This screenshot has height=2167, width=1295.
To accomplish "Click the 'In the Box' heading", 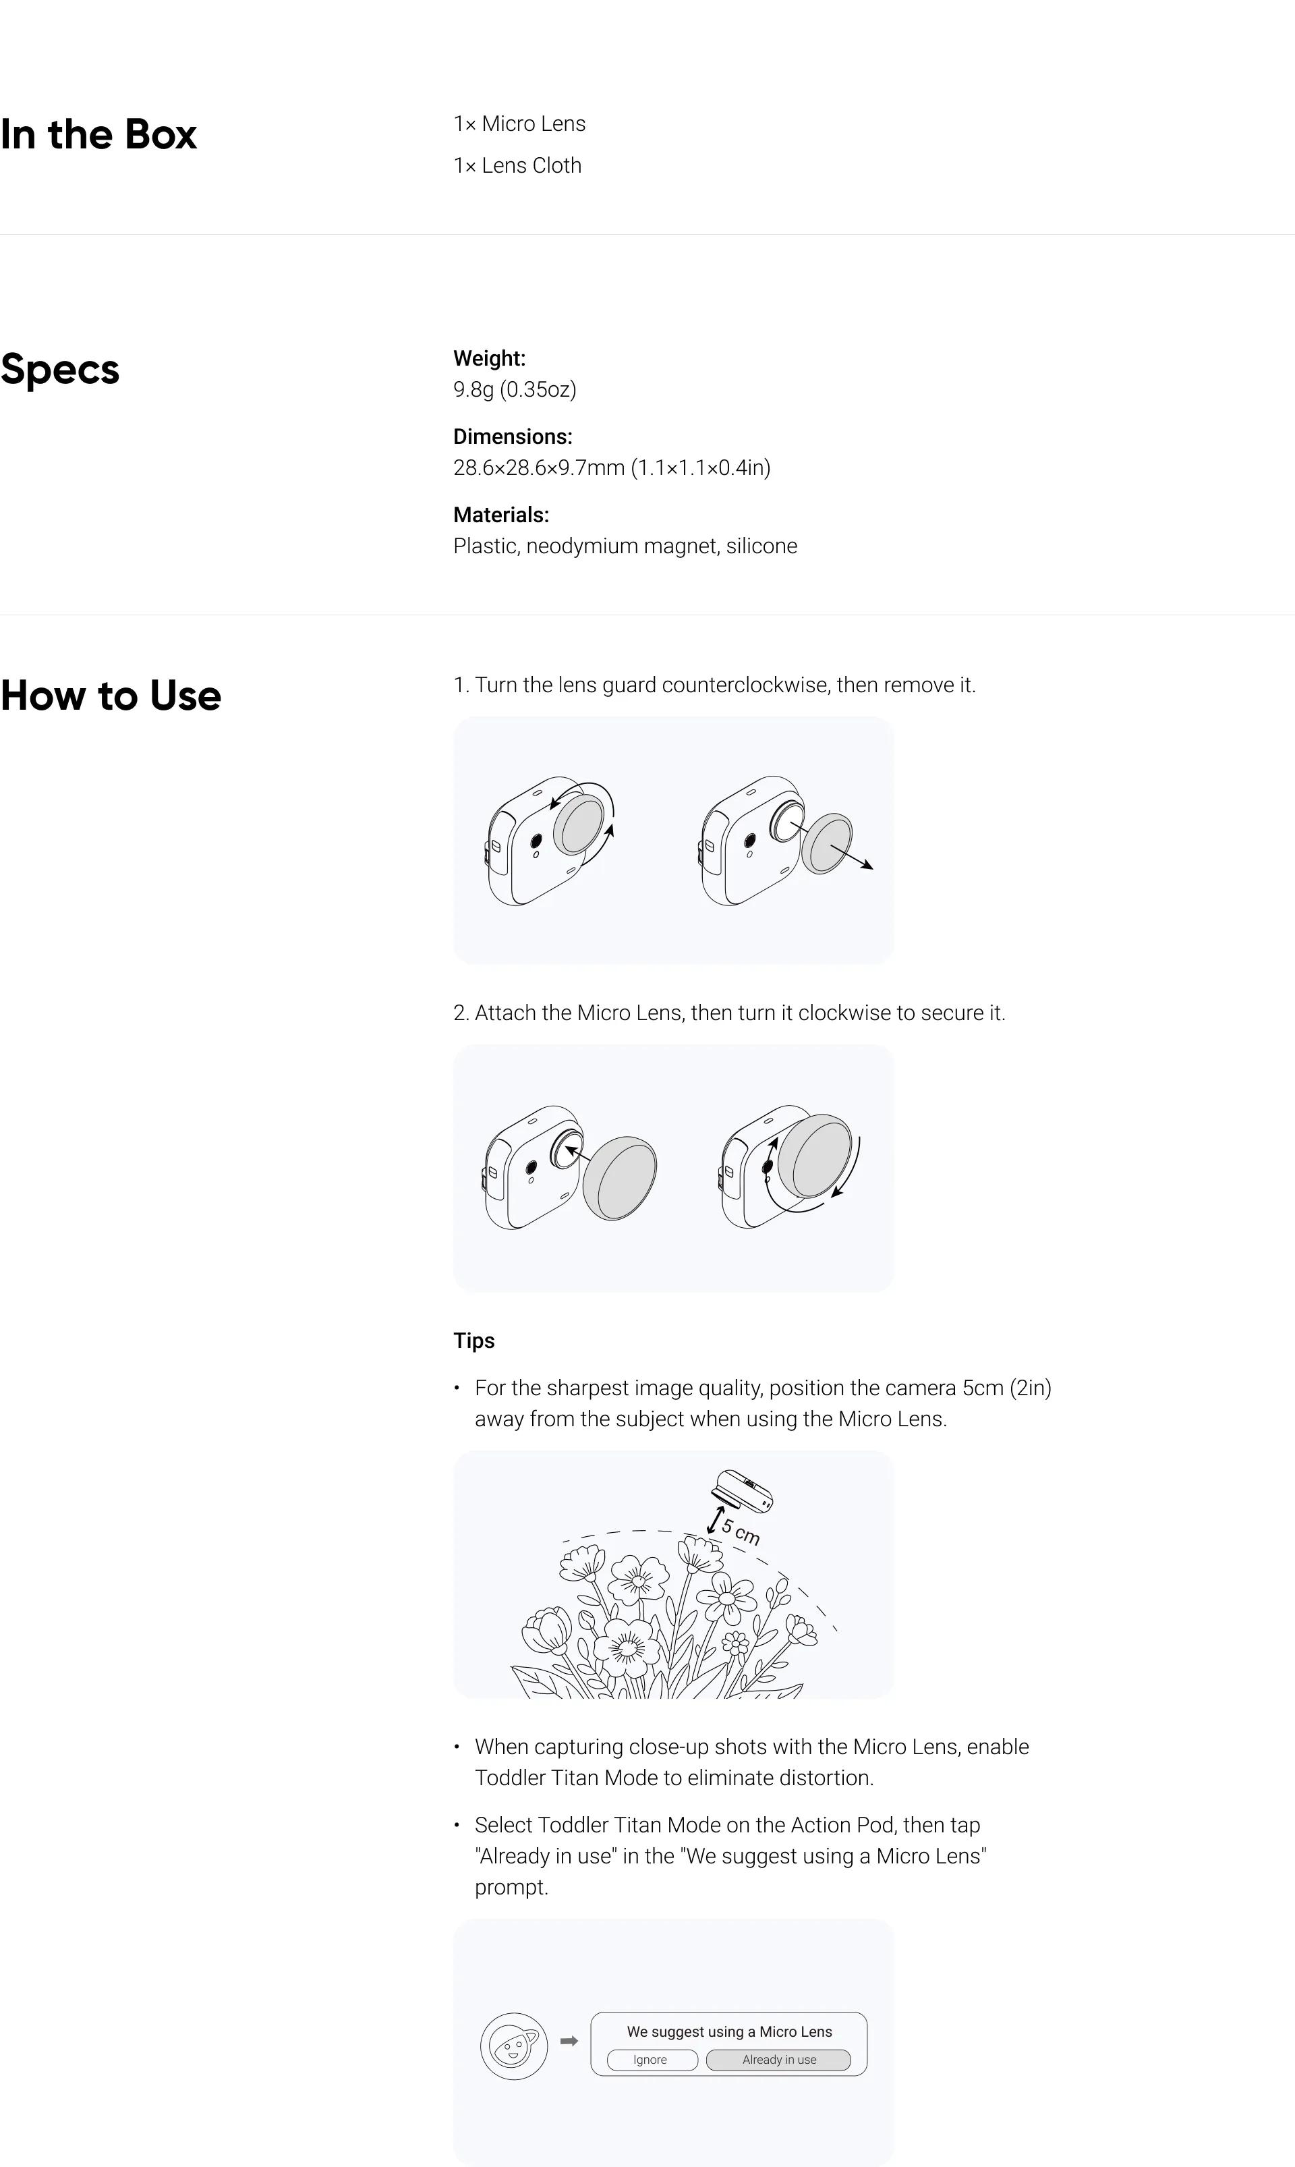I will [x=98, y=134].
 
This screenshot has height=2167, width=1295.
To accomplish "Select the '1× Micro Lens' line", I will [x=519, y=124].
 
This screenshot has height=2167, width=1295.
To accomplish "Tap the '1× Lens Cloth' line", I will [x=517, y=166].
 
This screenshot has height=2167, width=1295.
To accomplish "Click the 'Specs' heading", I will [x=59, y=369].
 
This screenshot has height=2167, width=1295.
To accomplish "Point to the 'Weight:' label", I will [x=489, y=359].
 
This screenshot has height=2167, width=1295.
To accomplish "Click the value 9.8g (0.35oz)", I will [x=515, y=389].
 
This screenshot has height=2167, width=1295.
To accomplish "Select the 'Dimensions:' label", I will [x=512, y=437].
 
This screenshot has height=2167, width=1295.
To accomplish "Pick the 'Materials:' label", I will [x=501, y=515].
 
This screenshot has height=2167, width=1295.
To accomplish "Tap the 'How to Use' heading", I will [x=111, y=696].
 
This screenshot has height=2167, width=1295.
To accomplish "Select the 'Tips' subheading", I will [x=474, y=1341].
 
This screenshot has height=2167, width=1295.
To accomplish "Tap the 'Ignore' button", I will [x=650, y=2060].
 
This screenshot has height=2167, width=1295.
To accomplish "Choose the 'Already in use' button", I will [x=778, y=2060].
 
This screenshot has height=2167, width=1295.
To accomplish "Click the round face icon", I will [x=514, y=2046].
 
